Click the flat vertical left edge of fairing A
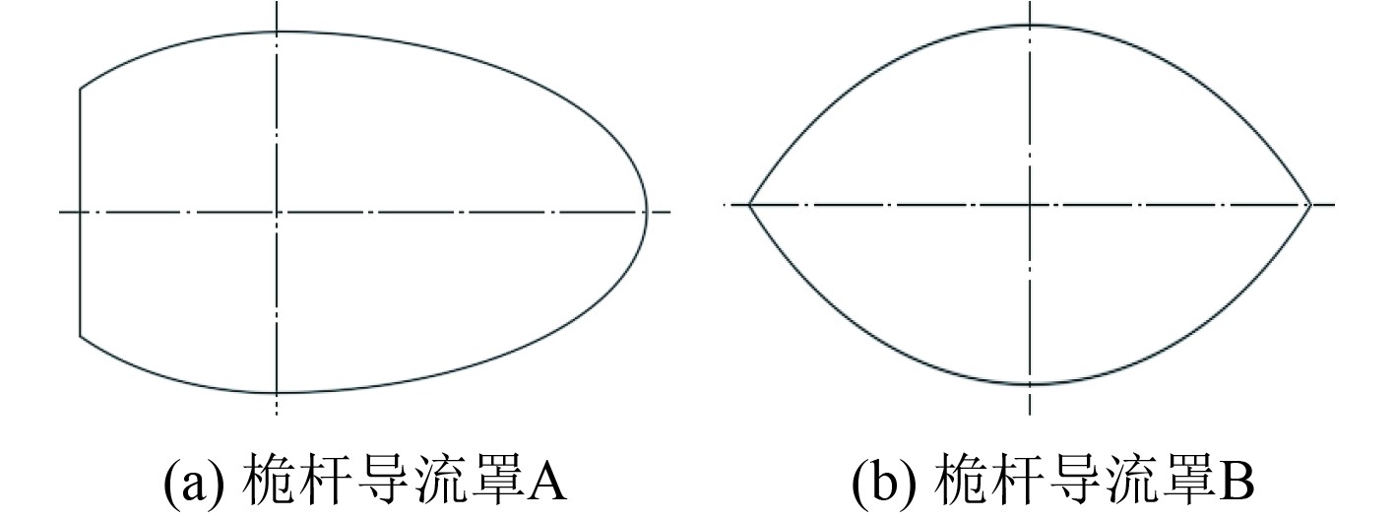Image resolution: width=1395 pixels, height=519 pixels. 80,212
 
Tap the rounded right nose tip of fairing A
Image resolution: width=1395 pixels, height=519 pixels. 647,212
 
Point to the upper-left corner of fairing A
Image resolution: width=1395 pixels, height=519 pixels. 81,90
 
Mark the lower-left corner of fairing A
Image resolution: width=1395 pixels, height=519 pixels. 81,336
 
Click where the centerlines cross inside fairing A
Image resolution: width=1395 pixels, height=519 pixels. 278,212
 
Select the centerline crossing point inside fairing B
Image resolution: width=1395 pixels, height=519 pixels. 1030,205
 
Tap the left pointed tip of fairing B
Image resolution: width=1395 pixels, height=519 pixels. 750,205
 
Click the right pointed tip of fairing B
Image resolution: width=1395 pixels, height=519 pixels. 1310,205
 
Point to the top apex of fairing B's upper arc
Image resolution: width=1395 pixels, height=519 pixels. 1030,26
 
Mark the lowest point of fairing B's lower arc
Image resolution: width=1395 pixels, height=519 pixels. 1030,384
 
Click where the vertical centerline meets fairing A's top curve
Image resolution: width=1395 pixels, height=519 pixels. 278,32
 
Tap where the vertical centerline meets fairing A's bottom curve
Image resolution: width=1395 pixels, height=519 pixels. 278,393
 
